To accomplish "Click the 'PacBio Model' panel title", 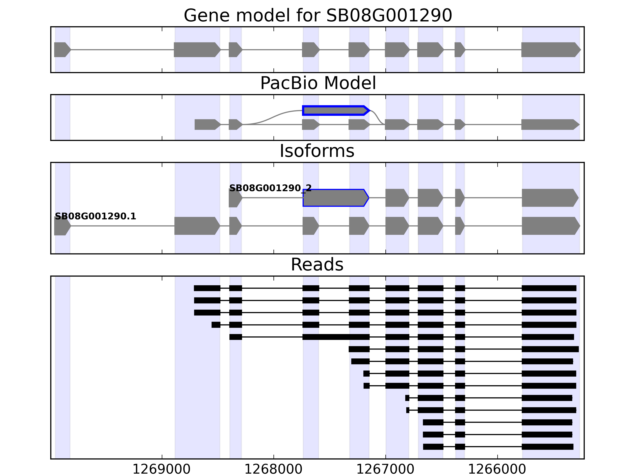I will pyautogui.click(x=318, y=83).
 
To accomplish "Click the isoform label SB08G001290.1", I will pyautogui.click(x=95, y=216).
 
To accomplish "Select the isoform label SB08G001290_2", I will pyautogui.click(x=270, y=188).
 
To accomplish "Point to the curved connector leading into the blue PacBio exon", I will pyautogui.click(x=273, y=116).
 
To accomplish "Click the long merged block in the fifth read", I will pyautogui.click(x=336, y=337).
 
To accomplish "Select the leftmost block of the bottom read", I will pyautogui.click(x=433, y=447).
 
